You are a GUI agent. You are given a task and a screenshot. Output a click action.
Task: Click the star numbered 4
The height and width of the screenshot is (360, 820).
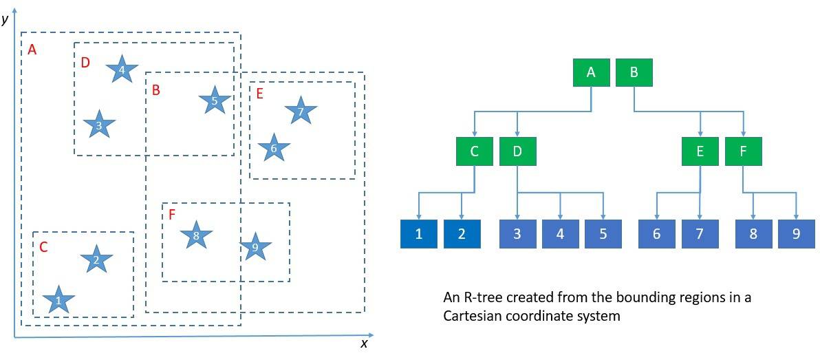(122, 70)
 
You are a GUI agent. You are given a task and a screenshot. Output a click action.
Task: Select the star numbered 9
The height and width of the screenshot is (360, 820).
(255, 247)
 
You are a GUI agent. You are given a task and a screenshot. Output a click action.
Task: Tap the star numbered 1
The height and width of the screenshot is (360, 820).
(58, 301)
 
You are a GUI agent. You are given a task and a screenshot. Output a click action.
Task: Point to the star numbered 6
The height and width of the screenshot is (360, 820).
(273, 149)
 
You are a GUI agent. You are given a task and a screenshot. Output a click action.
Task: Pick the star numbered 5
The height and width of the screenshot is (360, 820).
(215, 102)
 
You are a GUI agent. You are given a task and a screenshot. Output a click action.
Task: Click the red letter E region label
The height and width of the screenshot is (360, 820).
(259, 94)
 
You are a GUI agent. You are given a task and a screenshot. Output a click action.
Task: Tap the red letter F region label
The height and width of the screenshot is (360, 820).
(172, 215)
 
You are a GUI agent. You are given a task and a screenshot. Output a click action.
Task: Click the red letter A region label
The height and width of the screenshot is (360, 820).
(32, 50)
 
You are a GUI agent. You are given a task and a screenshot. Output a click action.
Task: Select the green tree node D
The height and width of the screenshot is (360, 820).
(517, 151)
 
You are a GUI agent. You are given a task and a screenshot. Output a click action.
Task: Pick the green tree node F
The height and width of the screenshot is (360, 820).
(744, 151)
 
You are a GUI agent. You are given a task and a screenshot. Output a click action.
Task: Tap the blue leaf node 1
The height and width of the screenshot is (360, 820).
(418, 234)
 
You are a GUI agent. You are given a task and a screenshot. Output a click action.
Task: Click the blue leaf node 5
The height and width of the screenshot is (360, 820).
(603, 234)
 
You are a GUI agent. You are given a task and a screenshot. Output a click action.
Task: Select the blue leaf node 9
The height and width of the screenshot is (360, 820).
(797, 234)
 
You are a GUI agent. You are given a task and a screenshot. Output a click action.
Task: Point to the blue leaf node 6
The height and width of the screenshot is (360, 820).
(656, 234)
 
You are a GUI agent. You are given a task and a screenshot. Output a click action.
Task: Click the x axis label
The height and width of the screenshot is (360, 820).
(364, 343)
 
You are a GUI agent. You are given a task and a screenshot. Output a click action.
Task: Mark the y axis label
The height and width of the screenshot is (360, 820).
(6, 19)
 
